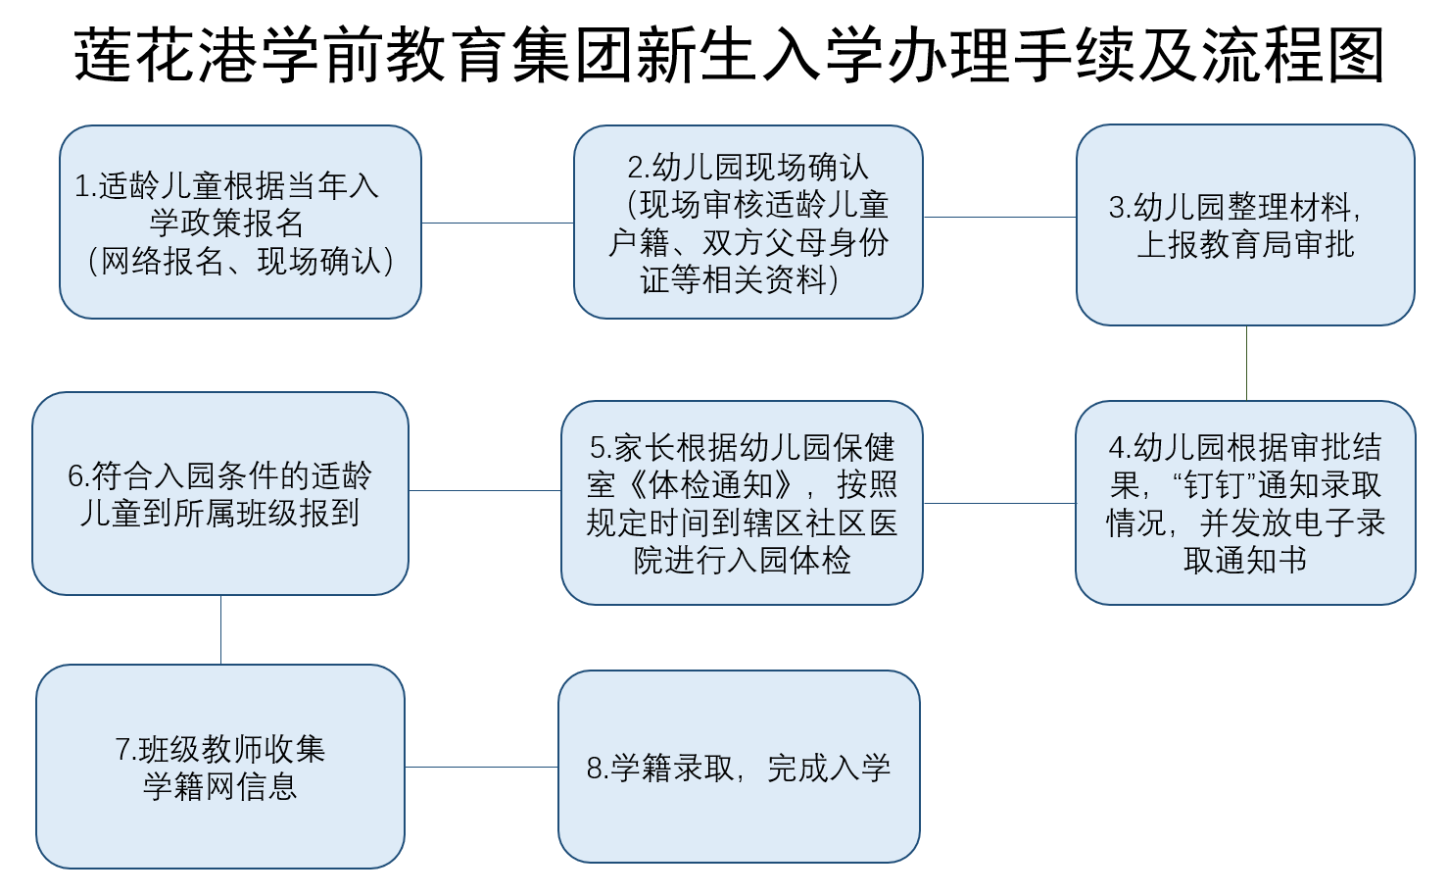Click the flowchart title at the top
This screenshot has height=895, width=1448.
[x=729, y=55]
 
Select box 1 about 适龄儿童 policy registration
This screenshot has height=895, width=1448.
[x=240, y=222]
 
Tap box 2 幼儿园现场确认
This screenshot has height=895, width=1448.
[x=748, y=222]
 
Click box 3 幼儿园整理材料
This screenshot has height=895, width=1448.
[x=1245, y=225]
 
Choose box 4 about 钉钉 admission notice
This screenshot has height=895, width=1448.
[x=1245, y=503]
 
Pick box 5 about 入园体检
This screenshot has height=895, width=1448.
[x=742, y=503]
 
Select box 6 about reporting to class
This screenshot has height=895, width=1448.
[x=220, y=493]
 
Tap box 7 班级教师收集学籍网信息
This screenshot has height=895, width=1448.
[x=220, y=767]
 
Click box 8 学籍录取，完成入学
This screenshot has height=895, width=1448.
[x=739, y=767]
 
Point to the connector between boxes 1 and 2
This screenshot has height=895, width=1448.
[x=498, y=224]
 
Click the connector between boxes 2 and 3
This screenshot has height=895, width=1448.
[x=1000, y=218]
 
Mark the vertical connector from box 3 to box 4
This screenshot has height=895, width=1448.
[x=1246, y=363]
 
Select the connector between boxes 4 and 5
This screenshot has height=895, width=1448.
[x=999, y=503]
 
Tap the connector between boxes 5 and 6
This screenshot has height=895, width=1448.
[x=485, y=491]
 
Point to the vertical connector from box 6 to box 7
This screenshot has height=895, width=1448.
[x=221, y=630]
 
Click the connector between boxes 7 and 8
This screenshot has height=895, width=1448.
[x=482, y=767]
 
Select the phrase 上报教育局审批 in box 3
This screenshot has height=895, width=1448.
[x=1245, y=245]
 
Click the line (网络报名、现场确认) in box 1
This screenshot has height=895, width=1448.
[x=240, y=262]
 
